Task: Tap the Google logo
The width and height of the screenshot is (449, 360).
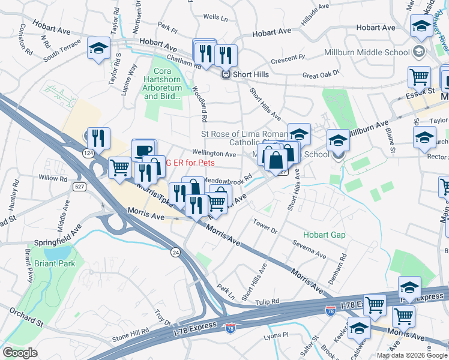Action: click(x=20, y=353)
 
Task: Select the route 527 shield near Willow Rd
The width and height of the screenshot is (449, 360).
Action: click(x=79, y=187)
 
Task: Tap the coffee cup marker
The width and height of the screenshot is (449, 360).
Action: click(x=143, y=150)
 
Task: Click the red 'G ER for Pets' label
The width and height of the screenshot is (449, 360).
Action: click(x=190, y=162)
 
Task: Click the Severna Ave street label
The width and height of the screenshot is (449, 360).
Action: click(x=309, y=249)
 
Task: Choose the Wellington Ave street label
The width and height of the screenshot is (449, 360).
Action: click(x=214, y=154)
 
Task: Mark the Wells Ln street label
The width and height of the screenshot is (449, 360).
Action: click(x=216, y=18)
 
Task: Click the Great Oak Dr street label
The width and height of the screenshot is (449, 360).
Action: click(x=321, y=75)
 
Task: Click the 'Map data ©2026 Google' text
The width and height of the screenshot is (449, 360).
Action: click(x=411, y=355)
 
